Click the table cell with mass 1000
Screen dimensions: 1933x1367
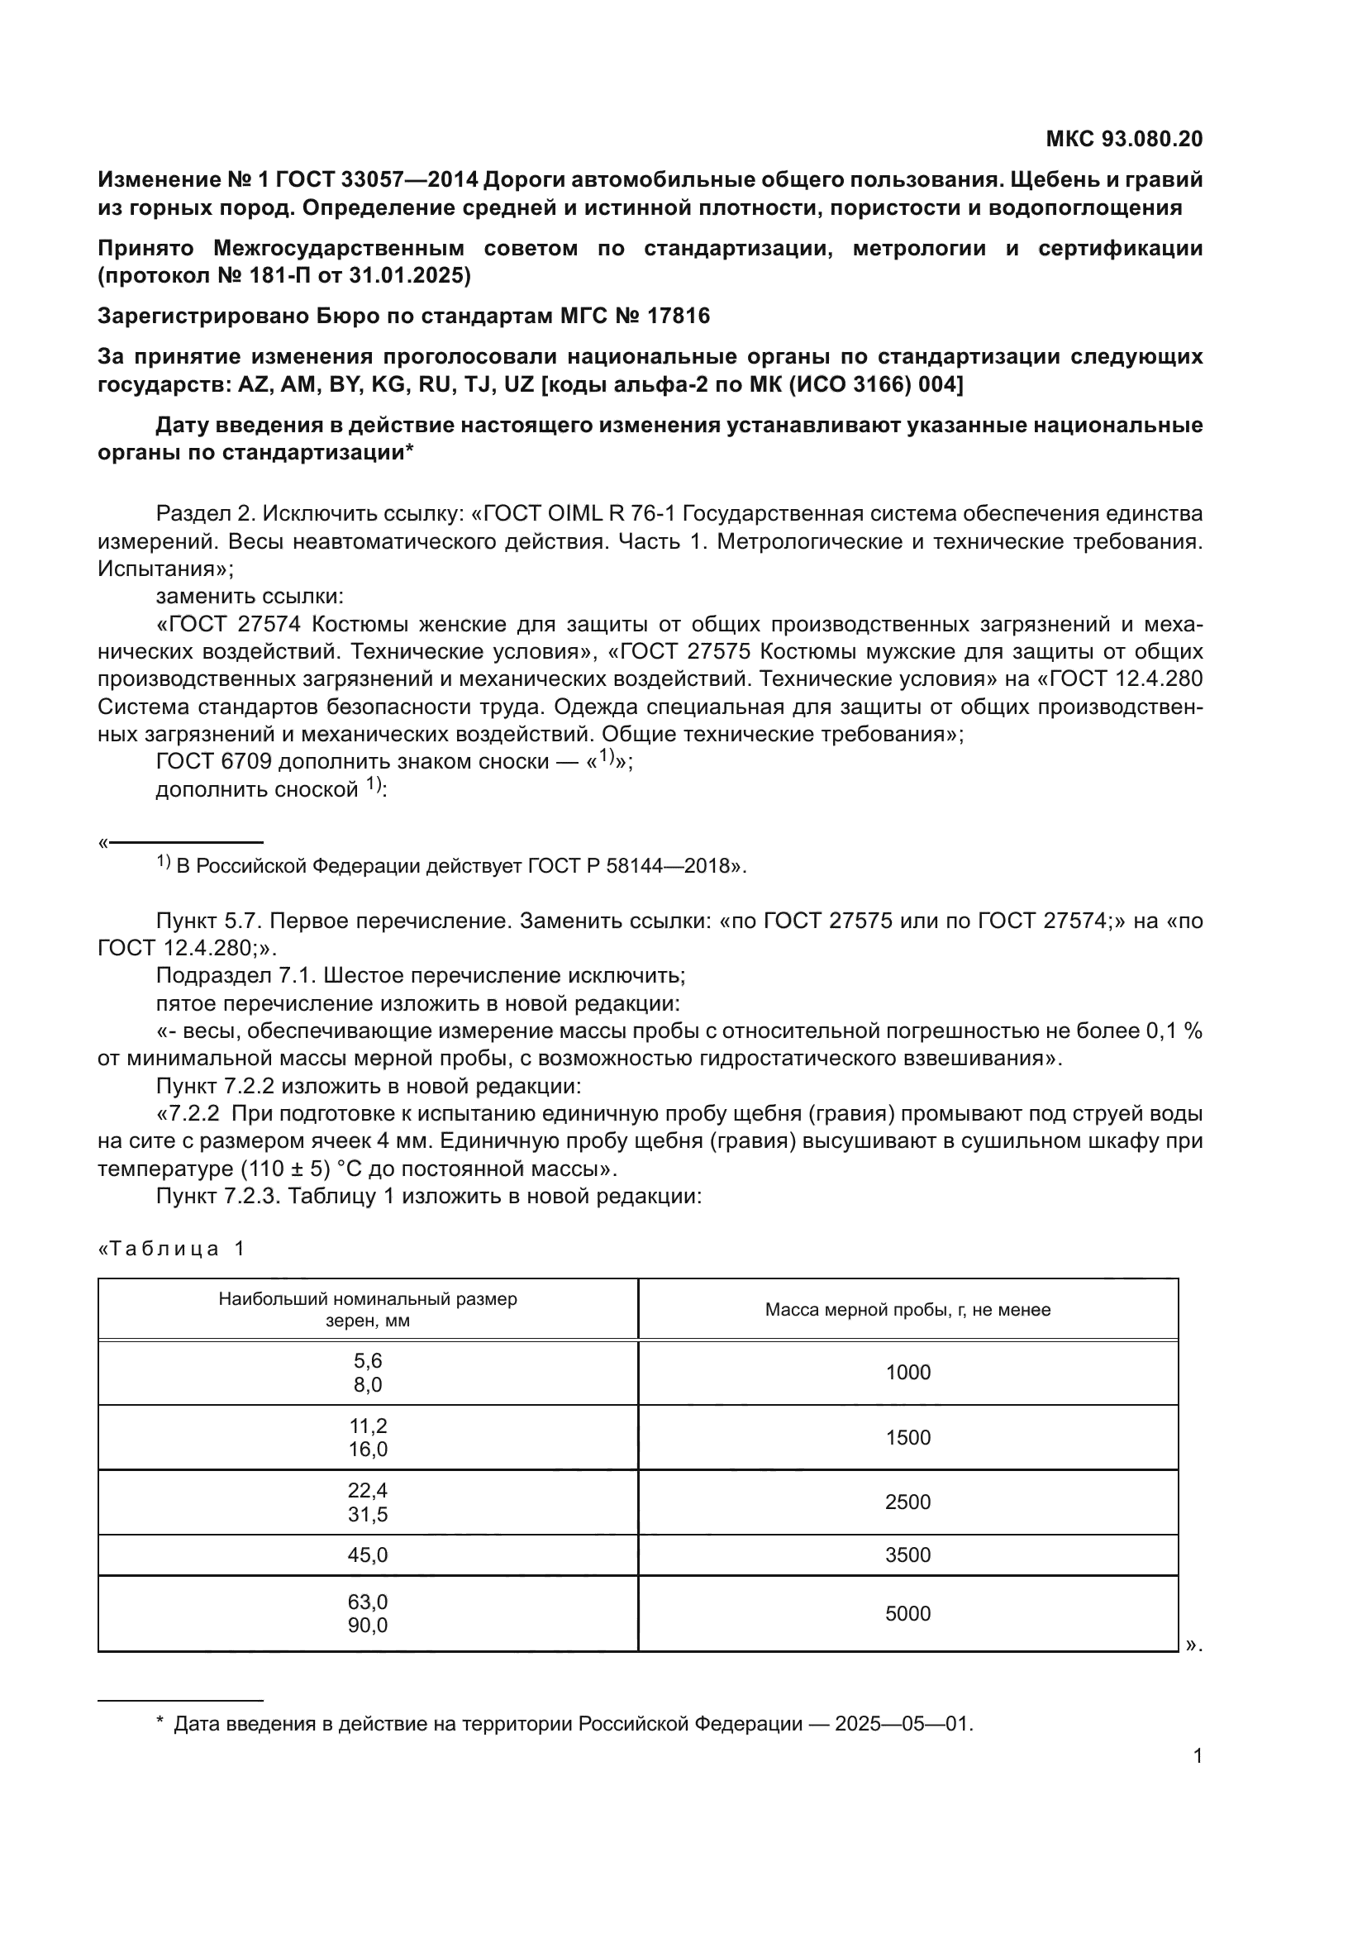pos(907,1373)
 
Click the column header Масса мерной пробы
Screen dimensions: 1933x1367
pos(907,1309)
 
